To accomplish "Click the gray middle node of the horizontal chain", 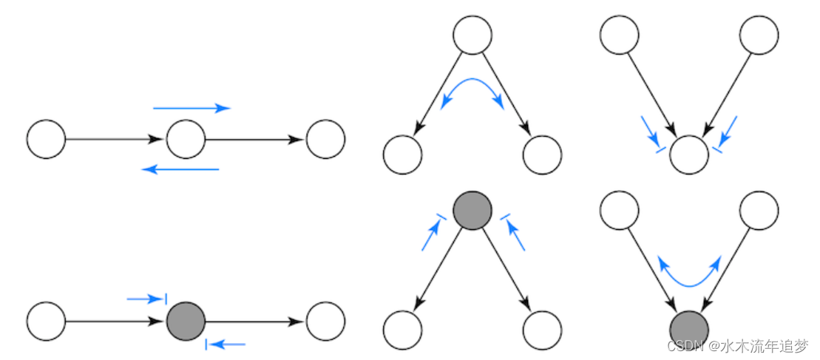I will click(x=186, y=321).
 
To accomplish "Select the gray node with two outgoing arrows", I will click(x=472, y=209).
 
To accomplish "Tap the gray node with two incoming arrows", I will click(x=688, y=329).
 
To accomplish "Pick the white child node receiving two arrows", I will click(x=688, y=154).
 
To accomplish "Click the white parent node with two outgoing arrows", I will click(x=472, y=35).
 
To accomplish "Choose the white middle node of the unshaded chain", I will click(x=186, y=138).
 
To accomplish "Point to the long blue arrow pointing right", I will click(x=192, y=108).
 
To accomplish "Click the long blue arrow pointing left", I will click(x=180, y=169).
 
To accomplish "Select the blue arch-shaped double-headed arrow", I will click(x=472, y=87).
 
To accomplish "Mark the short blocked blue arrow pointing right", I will click(x=146, y=299).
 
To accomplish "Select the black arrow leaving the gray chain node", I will click(x=254, y=322).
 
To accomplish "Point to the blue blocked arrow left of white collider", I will click(x=653, y=136).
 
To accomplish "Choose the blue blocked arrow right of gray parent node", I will click(x=512, y=230).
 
